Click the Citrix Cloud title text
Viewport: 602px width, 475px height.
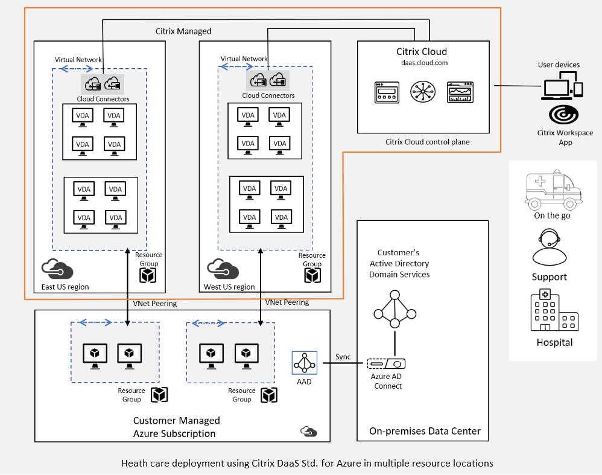[x=422, y=51]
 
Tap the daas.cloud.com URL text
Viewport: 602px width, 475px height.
[x=422, y=62]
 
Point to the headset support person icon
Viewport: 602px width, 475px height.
[x=549, y=247]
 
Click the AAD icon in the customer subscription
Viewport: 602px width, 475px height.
[x=305, y=362]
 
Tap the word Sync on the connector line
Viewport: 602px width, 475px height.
[x=343, y=357]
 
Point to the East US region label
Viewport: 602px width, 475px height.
[x=65, y=287]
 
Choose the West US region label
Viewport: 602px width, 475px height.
[x=230, y=287]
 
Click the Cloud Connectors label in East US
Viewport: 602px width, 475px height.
[x=103, y=99]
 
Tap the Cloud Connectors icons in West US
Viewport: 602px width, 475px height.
[x=268, y=80]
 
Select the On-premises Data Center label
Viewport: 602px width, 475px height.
[x=425, y=431]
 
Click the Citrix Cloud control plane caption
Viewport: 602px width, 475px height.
[x=427, y=142]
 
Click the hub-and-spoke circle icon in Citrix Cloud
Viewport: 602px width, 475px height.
[x=422, y=92]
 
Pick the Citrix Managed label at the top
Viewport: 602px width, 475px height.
[x=183, y=31]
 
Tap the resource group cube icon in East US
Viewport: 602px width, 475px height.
[x=148, y=275]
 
